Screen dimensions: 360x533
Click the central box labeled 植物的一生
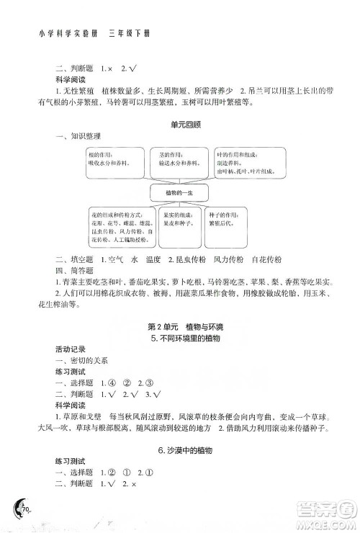coord(179,192)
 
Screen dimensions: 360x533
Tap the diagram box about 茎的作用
coord(180,159)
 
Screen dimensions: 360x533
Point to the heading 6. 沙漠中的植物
coord(180,449)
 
